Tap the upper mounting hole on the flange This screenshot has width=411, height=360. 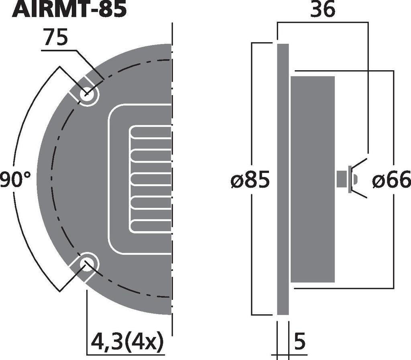point(87,95)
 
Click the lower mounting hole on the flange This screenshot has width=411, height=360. point(87,264)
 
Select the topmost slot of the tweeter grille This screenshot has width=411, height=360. point(151,132)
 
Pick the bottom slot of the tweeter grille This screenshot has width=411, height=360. point(151,226)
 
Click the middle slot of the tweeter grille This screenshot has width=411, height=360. point(151,179)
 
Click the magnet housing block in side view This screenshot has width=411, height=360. point(313,179)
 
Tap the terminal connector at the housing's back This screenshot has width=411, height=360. point(345,179)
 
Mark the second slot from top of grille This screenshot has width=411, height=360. point(151,155)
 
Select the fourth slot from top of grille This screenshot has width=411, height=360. point(151,203)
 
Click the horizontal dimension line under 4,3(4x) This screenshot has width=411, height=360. point(126,353)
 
